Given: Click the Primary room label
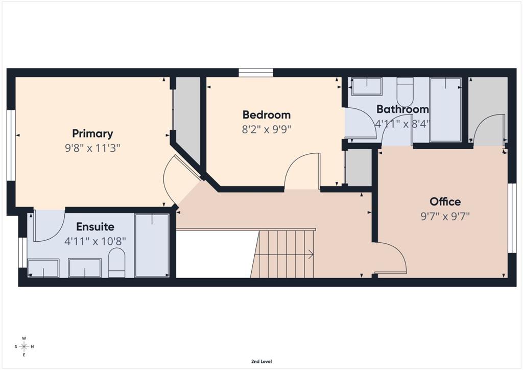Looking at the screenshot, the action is pos(93,133).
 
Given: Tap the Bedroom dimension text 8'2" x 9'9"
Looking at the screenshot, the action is pos(267,129).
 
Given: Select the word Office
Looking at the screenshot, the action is pos(445,201).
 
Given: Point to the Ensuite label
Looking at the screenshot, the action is pos(95,227).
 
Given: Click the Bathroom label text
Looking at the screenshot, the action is pos(402,109).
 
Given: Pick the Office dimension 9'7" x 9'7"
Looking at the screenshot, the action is pos(445,216).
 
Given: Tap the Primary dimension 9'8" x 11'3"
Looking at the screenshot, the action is pos(92,148).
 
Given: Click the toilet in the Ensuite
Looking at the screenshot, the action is pos(117,262).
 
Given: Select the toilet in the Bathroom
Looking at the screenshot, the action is pos(405,91).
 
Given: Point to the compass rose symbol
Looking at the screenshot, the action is pos(24,346).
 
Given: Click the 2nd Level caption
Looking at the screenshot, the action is pos(261,361).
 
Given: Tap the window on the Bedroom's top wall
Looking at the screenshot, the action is pos(256,73).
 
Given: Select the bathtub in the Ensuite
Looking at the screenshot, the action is pos(152,245).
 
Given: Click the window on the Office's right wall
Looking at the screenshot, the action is pos(512,218).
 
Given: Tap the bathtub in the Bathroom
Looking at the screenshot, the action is pos(445,110).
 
